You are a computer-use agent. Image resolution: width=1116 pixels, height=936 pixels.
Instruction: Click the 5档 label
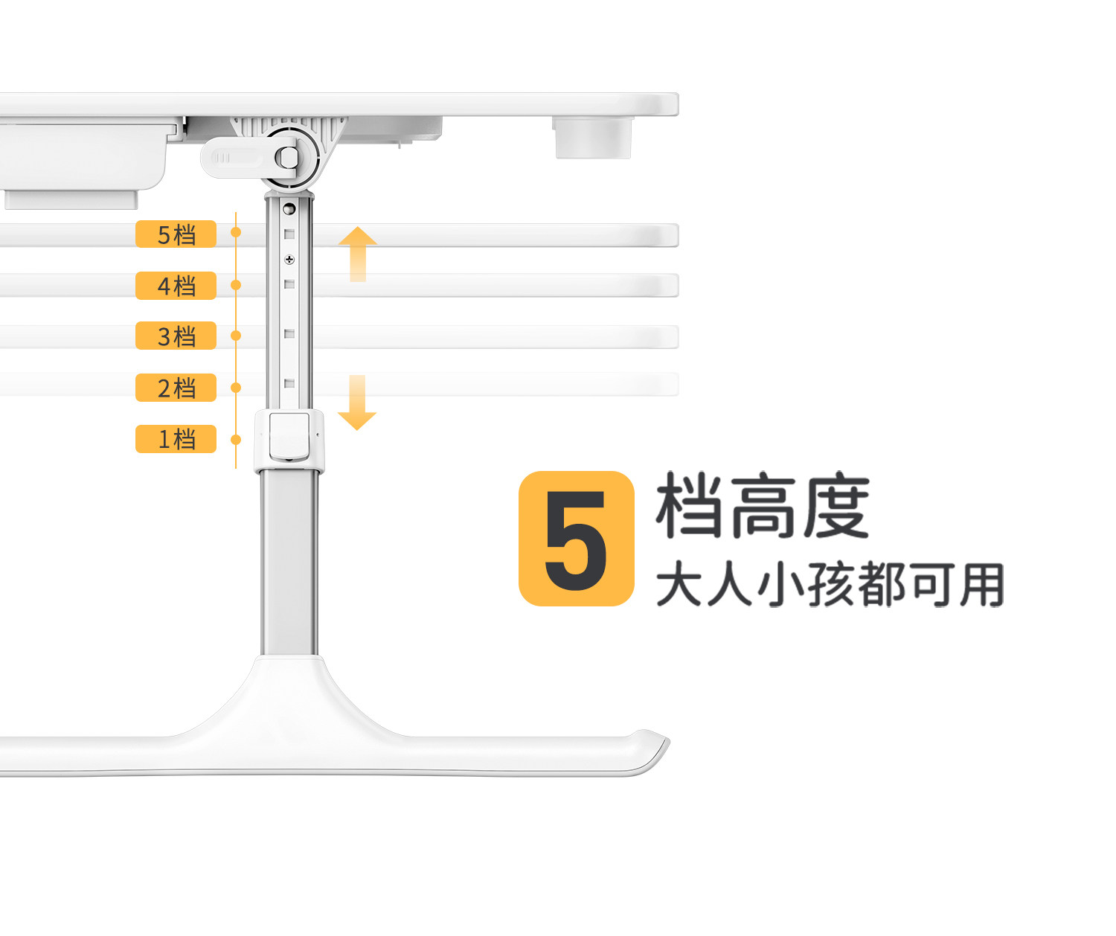tap(176, 234)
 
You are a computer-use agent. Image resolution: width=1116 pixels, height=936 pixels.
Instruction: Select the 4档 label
tap(176, 286)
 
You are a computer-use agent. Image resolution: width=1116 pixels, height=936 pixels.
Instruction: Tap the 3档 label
tap(176, 336)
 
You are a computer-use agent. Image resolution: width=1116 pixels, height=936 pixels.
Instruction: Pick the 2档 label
tap(176, 388)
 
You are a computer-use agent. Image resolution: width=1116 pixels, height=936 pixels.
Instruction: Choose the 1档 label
tap(176, 439)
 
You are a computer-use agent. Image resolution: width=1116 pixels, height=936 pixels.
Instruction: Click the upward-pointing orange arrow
tap(358, 253)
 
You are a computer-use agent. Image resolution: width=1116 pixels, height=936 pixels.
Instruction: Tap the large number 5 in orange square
tap(577, 539)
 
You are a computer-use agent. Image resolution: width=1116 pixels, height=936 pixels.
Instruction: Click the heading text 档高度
tap(762, 506)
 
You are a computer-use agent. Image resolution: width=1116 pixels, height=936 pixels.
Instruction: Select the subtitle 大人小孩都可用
tap(830, 585)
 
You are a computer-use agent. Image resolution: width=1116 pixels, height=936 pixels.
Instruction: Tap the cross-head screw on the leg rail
tap(289, 260)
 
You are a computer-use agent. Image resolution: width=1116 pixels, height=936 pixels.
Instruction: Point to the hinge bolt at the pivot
tap(287, 157)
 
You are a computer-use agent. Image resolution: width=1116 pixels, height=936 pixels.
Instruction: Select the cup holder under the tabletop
tap(592, 138)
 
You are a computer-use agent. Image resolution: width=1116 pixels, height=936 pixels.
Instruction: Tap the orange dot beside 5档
tap(236, 233)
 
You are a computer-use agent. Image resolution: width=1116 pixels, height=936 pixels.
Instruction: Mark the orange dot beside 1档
tap(236, 440)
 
